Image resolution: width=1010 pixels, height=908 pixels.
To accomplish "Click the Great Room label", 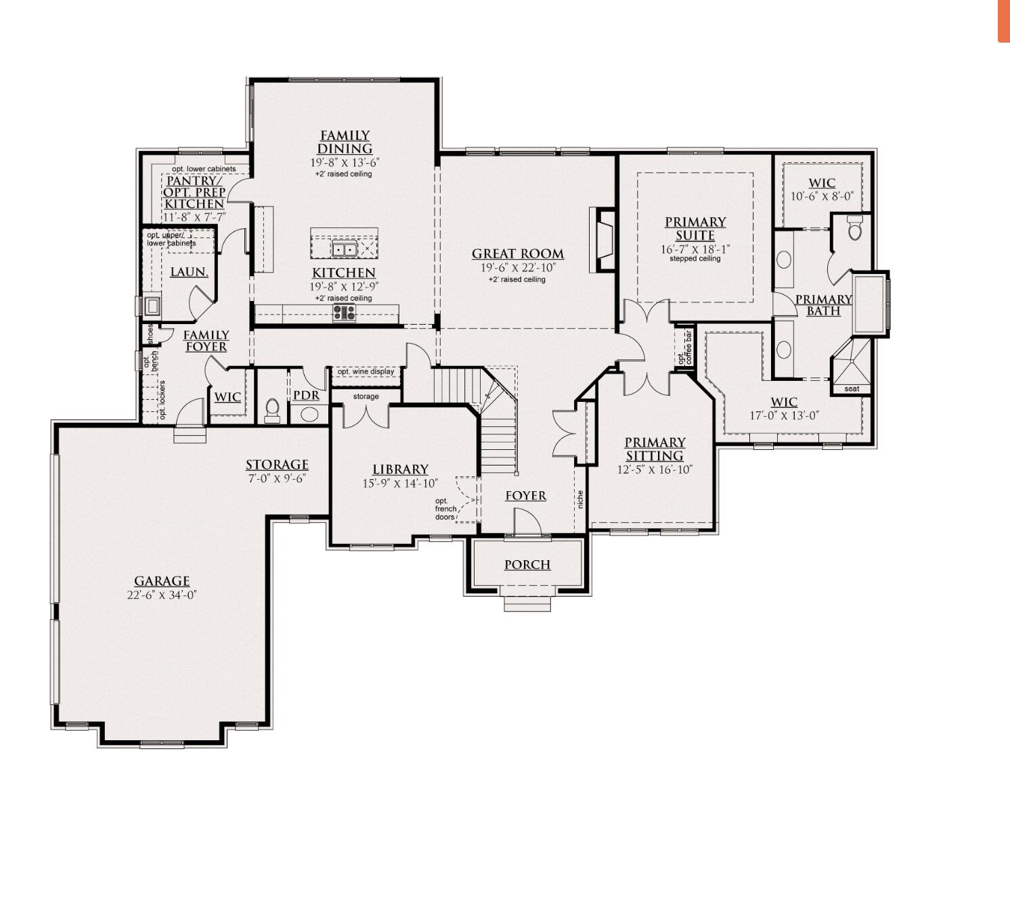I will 518,254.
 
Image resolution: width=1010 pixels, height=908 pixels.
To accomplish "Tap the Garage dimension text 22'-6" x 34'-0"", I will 161,595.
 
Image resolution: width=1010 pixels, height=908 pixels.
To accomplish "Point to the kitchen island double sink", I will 344,250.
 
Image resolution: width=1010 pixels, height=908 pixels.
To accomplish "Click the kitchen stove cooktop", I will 344,312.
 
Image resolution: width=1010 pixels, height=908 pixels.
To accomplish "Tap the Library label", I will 400,470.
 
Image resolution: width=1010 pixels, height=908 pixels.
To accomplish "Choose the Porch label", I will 527,565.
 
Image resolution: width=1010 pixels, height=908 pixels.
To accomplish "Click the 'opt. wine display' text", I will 366,371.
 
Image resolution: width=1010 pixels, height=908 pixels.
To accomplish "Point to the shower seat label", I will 852,389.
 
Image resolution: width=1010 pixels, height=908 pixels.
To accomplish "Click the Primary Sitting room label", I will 655,449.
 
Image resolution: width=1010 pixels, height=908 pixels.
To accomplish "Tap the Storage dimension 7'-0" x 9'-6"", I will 277,478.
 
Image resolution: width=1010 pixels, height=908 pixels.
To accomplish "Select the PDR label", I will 306,396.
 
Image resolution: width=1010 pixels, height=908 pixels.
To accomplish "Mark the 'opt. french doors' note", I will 445,509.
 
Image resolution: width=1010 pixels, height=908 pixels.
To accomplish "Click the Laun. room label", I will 189,272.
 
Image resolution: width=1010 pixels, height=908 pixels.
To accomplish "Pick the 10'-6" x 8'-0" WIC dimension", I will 822,196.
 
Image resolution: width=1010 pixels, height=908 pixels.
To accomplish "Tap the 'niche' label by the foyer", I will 580,500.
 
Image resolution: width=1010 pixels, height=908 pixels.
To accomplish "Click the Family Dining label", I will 345,142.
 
